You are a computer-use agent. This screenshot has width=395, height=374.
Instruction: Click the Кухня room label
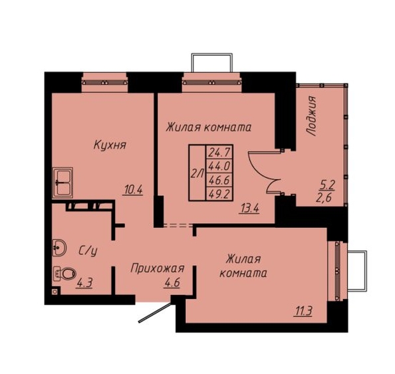click(x=110, y=145)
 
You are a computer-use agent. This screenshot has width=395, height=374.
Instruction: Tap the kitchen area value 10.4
click(x=133, y=189)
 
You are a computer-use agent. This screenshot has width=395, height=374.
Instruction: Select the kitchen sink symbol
click(x=63, y=182)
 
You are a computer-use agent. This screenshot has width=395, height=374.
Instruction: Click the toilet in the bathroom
click(x=65, y=273)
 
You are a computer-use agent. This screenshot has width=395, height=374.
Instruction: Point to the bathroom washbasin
click(x=59, y=247)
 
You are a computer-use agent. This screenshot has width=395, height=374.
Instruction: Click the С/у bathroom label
click(x=88, y=250)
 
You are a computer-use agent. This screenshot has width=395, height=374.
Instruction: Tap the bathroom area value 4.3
click(x=85, y=283)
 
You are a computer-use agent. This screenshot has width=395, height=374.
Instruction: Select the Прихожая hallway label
click(x=158, y=269)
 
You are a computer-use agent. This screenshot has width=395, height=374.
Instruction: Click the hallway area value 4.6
click(x=172, y=283)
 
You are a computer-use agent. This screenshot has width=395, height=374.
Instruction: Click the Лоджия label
click(x=311, y=116)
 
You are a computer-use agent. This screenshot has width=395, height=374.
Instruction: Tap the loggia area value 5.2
click(x=327, y=185)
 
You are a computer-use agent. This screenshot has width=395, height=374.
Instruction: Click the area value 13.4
click(x=249, y=209)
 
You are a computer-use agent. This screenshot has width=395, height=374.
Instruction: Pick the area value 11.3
click(x=303, y=312)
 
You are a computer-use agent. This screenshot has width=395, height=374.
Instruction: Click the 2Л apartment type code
click(x=197, y=173)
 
